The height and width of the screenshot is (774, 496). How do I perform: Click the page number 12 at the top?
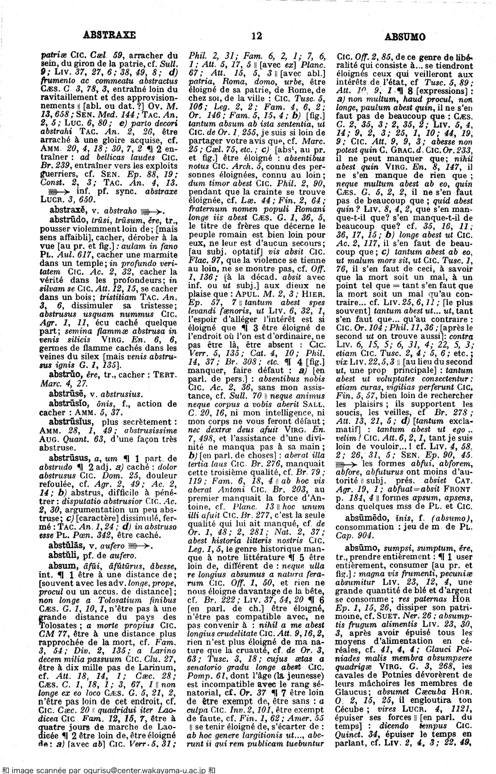click(257, 35)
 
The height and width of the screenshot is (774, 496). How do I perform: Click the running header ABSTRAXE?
click(109, 35)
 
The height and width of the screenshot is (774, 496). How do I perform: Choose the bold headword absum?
click(62, 565)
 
